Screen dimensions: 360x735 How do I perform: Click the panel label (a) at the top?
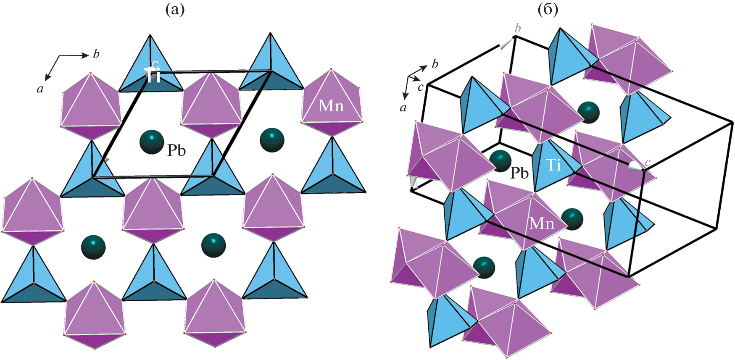175,10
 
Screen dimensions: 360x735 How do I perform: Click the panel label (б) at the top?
548,10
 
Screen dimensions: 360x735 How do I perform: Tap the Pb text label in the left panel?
177,150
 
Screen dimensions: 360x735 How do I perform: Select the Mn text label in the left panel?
331,106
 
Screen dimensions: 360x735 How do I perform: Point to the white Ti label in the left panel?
152,75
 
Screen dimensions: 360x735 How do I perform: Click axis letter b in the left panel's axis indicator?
96,54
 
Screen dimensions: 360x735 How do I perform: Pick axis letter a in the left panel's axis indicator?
40,89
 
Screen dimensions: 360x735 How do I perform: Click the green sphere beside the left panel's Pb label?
152,142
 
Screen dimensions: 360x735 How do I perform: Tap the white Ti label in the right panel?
553,165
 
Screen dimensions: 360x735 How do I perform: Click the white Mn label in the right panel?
542,223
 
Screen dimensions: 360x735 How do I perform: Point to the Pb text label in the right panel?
519,173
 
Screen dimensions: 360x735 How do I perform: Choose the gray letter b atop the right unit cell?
518,29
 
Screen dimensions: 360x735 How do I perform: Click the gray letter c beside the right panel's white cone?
648,162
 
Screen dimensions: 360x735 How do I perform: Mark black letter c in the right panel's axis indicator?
420,87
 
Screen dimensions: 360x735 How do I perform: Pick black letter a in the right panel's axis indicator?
403,108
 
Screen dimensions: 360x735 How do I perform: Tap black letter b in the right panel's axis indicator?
435,64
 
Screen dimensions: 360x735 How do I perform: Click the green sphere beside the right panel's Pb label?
500,161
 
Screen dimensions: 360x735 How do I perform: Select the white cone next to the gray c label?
636,166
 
